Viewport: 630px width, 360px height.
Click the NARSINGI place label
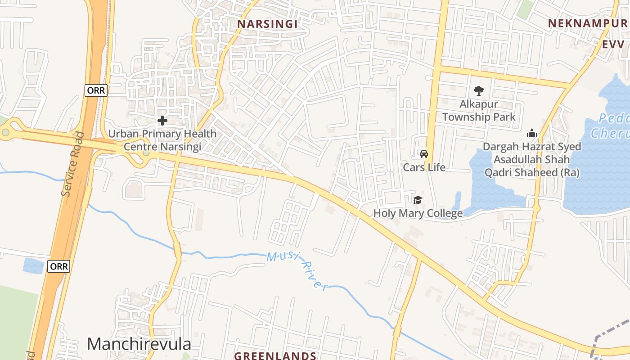tap(267, 24)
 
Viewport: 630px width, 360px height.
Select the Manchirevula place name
tap(139, 344)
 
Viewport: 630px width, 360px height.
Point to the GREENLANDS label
tap(275, 355)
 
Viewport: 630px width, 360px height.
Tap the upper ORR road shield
tap(96, 90)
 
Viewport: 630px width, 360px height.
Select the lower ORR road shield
tap(59, 266)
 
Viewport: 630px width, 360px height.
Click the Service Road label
tap(73, 164)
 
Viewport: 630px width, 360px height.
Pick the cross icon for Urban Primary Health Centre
tap(162, 121)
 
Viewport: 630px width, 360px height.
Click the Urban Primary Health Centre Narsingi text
tap(162, 140)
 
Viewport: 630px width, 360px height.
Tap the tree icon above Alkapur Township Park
tap(478, 91)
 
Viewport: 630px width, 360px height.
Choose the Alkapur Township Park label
tap(479, 111)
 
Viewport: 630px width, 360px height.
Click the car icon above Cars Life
tap(423, 154)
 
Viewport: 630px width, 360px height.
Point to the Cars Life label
tap(424, 167)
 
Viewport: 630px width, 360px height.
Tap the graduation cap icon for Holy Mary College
tap(418, 200)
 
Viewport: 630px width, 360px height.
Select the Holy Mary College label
tap(418, 213)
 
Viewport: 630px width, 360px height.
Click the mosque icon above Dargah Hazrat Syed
tap(532, 133)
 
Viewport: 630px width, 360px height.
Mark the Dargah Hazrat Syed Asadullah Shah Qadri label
tap(532, 159)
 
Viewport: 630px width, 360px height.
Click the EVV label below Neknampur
tap(613, 44)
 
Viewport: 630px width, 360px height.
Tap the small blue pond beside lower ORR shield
tap(33, 265)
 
